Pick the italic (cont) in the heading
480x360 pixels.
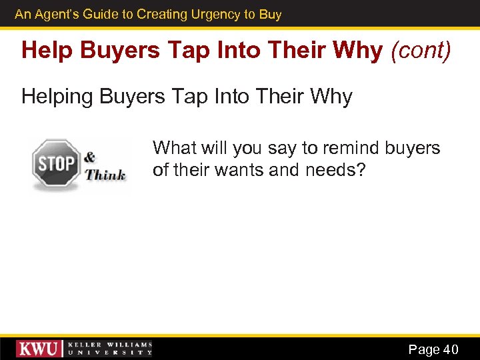[421, 51]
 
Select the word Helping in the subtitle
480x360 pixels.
[57, 97]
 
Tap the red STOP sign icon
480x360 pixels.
[55, 164]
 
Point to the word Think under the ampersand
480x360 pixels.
[105, 175]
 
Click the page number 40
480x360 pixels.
[451, 349]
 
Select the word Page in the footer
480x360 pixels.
[424, 349]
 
